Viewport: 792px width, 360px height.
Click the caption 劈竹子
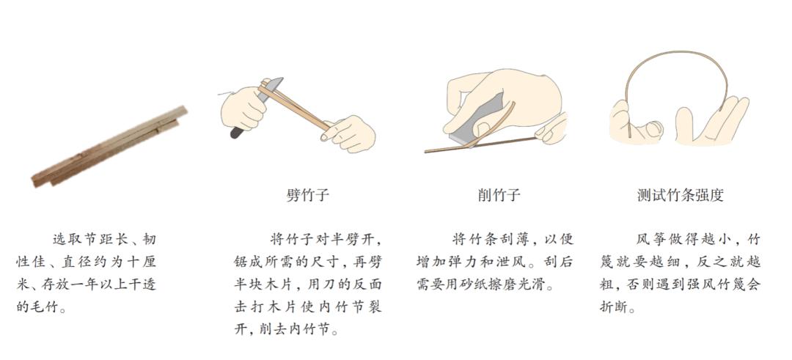pos(307,195)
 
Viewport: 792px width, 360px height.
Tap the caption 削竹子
pos(499,195)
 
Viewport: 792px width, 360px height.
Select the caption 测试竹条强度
pos(681,195)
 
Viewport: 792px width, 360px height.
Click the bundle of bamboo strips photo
pos(109,147)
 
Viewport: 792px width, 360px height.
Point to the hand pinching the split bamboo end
pos(348,133)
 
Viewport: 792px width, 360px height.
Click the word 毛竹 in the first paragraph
pos(41,307)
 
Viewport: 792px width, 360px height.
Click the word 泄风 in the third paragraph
pos(527,262)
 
